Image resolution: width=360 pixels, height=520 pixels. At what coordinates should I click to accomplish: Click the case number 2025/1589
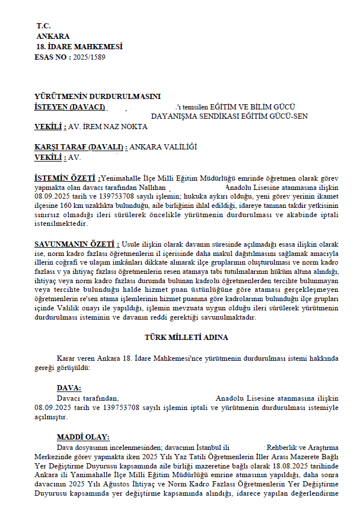(89, 57)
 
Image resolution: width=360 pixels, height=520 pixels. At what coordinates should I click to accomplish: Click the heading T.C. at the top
(43, 26)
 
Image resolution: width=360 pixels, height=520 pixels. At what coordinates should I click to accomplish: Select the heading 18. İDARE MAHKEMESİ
(79, 47)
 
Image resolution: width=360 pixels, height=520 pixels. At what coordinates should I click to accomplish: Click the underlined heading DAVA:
(69, 387)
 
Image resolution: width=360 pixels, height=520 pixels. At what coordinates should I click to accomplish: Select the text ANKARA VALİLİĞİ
(163, 147)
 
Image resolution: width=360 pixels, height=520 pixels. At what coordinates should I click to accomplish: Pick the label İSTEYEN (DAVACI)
(69, 107)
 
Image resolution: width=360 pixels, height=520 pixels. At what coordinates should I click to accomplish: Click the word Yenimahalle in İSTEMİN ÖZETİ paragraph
(123, 178)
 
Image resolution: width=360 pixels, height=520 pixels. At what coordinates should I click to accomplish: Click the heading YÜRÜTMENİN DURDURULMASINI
(97, 97)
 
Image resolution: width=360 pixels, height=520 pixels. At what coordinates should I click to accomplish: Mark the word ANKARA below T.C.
(53, 36)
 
